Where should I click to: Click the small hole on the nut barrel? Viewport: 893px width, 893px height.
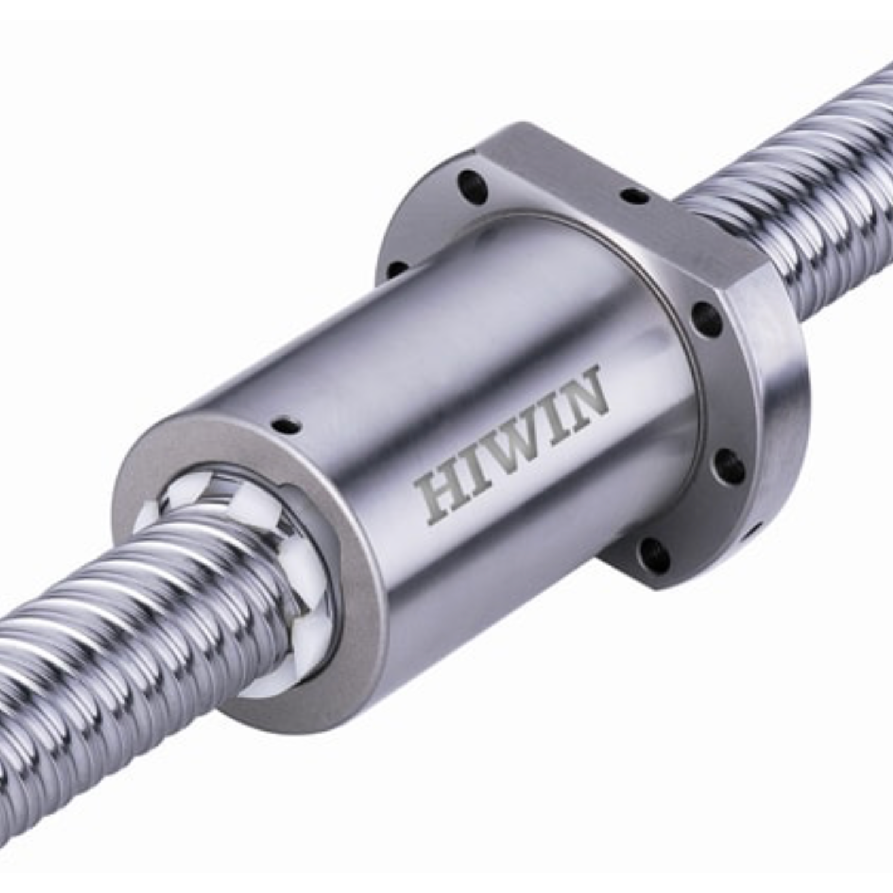click(283, 426)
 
